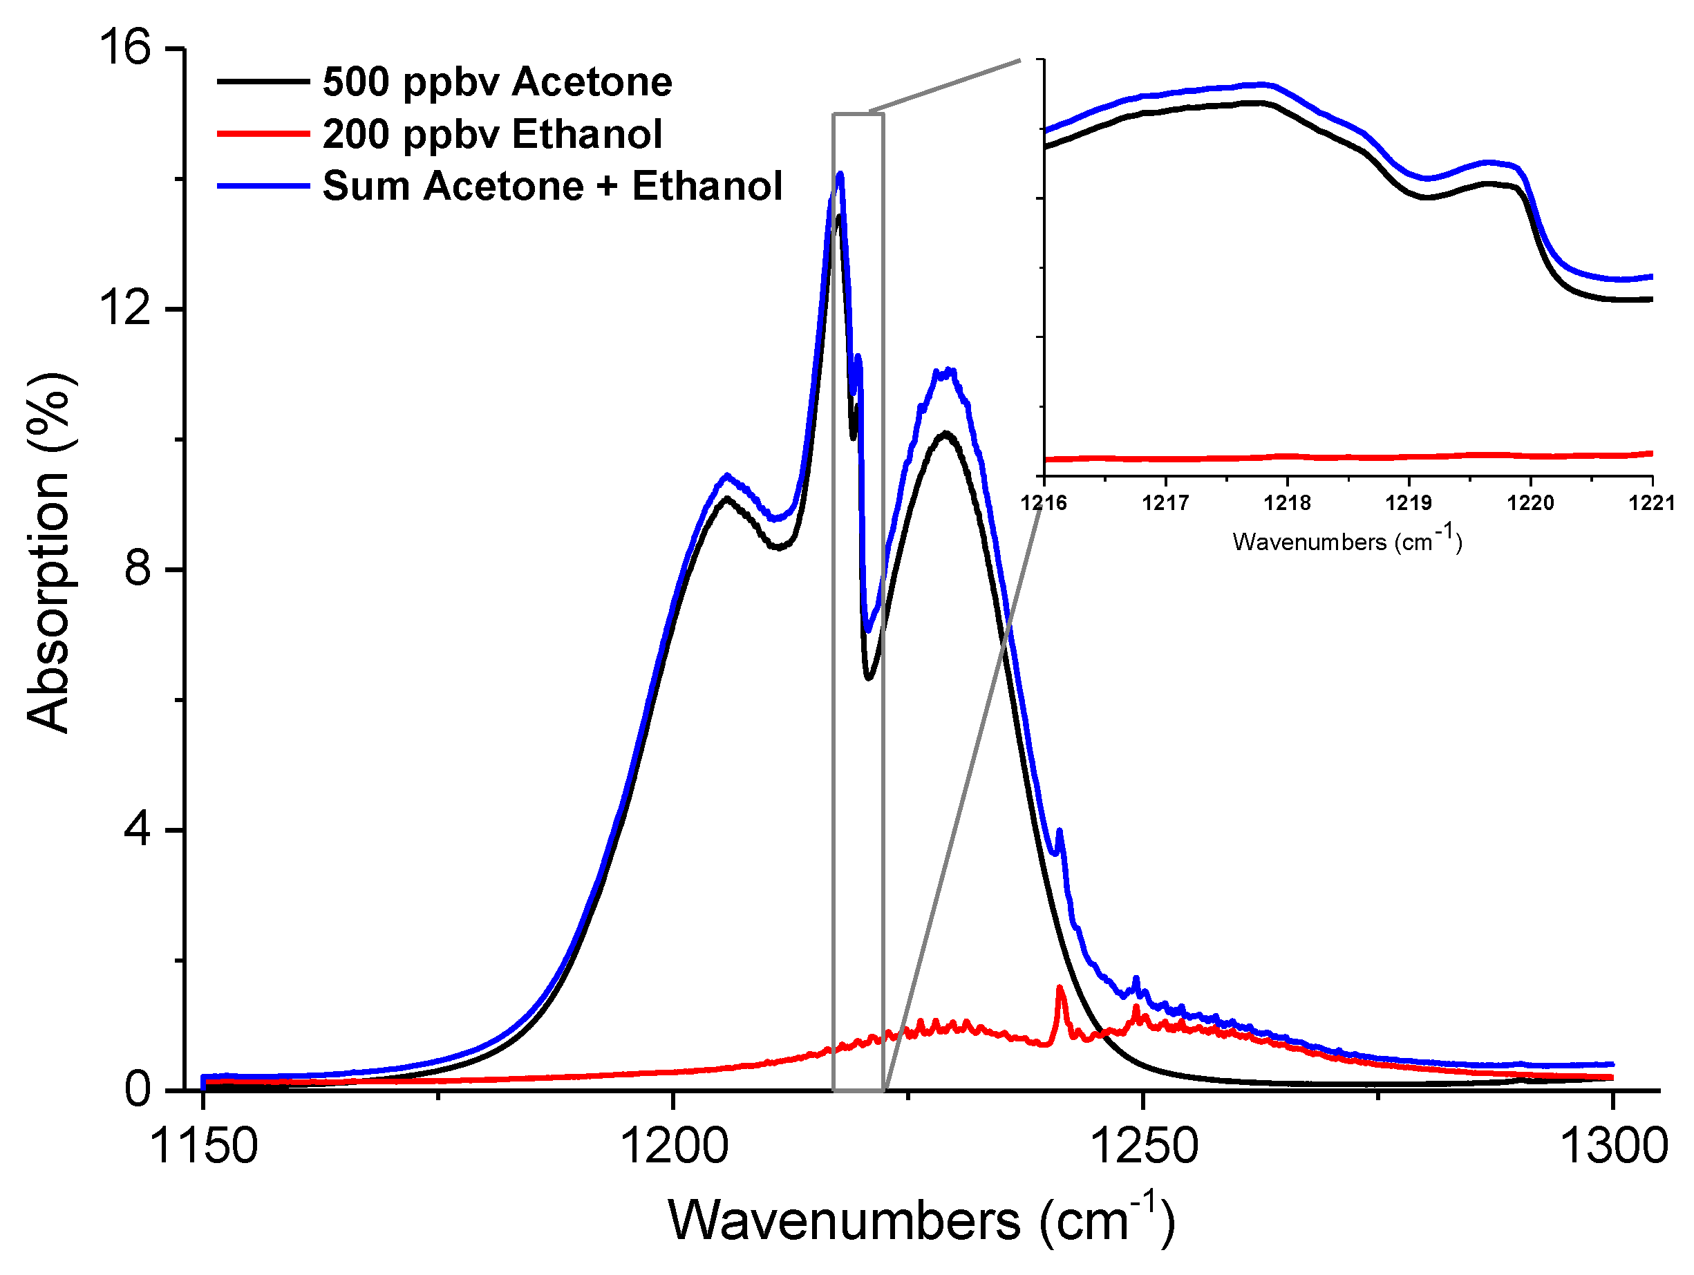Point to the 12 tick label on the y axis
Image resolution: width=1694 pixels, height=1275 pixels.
pyautogui.click(x=126, y=310)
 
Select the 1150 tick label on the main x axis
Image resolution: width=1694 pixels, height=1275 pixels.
pyautogui.click(x=204, y=1146)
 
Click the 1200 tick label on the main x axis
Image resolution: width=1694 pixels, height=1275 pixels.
pyautogui.click(x=673, y=1146)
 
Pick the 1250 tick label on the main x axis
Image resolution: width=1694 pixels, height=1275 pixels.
pyautogui.click(x=1143, y=1146)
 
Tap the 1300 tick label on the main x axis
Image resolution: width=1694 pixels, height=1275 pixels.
pyautogui.click(x=1613, y=1146)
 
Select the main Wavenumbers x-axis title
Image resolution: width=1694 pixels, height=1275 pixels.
pyautogui.click(x=921, y=1220)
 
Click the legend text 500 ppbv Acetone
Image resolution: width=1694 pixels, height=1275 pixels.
pyautogui.click(x=497, y=82)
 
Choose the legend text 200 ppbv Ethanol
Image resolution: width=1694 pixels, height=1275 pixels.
pyautogui.click(x=491, y=134)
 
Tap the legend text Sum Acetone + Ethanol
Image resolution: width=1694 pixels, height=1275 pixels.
pyautogui.click(x=552, y=186)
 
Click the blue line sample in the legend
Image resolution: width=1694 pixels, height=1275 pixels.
pyautogui.click(x=263, y=186)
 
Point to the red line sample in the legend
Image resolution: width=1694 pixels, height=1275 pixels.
pyautogui.click(x=263, y=134)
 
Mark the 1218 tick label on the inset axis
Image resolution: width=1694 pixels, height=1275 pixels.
pyautogui.click(x=1288, y=503)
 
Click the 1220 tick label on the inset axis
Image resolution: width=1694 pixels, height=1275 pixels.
pyautogui.click(x=1531, y=503)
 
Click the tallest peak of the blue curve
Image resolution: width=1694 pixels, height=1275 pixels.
pyautogui.click(x=840, y=176)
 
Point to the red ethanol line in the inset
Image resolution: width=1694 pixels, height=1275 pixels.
pyautogui.click(x=1348, y=457)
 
